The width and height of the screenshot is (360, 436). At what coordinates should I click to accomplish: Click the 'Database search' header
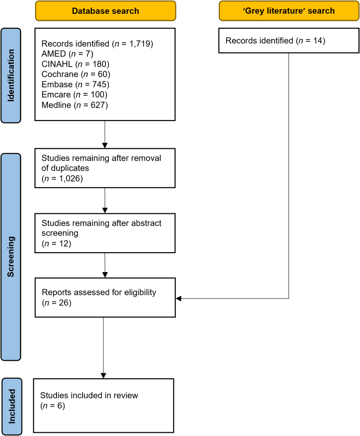[x=106, y=11]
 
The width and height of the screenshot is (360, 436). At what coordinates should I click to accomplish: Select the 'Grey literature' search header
[x=289, y=11]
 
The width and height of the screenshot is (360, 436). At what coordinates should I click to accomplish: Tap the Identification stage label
[x=11, y=75]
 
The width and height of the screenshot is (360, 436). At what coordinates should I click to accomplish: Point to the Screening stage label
[x=11, y=257]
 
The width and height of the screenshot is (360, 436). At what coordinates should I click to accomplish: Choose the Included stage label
[x=12, y=406]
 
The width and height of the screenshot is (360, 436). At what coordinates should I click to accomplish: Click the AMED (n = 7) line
[x=67, y=54]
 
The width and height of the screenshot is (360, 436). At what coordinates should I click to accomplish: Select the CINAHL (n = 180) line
[x=76, y=64]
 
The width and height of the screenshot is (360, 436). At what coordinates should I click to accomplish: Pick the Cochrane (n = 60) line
[x=76, y=74]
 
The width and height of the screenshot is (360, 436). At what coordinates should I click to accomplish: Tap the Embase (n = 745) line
[x=76, y=84]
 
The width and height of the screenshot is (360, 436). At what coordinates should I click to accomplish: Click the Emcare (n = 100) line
[x=74, y=95]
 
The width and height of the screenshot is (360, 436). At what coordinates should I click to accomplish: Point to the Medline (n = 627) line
[x=75, y=105]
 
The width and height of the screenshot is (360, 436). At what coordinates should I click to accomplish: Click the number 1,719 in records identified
[x=140, y=44]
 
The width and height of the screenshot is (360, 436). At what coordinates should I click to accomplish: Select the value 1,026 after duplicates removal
[x=69, y=179]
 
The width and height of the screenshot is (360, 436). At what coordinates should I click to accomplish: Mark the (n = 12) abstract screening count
[x=56, y=243]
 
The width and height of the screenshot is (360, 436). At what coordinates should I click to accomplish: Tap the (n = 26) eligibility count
[x=57, y=303]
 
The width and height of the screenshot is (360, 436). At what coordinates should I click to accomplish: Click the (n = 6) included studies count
[x=53, y=406]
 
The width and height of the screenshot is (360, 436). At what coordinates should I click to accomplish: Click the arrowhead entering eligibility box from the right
[x=179, y=299]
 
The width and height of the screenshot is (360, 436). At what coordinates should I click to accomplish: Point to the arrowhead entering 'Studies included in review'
[x=103, y=376]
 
